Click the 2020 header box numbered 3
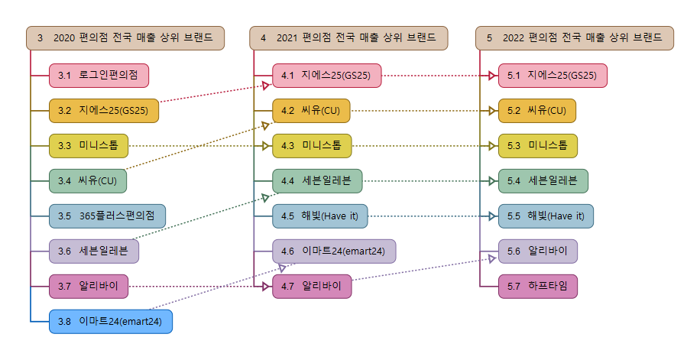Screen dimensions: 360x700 coord(125,37)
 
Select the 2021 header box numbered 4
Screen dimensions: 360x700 coord(348,37)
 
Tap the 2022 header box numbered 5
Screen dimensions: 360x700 coord(575,37)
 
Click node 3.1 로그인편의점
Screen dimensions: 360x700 coord(99,76)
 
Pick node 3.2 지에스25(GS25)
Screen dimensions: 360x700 coord(103,111)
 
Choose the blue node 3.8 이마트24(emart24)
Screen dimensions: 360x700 coord(111,322)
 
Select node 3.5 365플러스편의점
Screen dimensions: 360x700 coord(107,216)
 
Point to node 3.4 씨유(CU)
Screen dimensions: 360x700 coord(88,181)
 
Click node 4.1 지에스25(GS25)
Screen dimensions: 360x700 coord(326,76)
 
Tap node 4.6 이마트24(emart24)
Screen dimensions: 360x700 coord(334,251)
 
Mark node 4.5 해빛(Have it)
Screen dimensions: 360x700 coord(320,216)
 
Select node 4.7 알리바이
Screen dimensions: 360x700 coord(312,287)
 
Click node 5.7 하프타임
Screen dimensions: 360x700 coord(538,287)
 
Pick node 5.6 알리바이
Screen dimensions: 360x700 coord(538,251)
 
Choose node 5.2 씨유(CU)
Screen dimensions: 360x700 coord(536,111)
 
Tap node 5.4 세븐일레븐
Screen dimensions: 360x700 coord(543,181)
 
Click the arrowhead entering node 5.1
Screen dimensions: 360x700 coord(493,76)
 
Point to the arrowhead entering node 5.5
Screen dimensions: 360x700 coord(493,216)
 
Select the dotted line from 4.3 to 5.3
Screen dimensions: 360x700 coord(420,146)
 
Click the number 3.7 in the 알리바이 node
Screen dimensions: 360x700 coord(64,287)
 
